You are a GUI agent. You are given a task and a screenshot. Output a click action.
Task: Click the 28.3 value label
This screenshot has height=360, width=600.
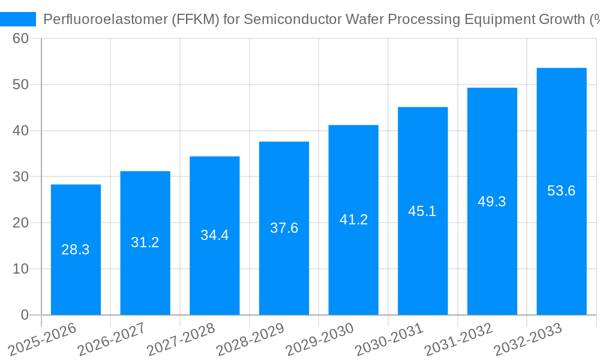point(76,250)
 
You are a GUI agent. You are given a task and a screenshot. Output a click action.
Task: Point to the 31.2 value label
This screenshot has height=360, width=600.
point(145,242)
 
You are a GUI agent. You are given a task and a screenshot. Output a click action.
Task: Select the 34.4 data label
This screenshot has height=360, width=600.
point(214,235)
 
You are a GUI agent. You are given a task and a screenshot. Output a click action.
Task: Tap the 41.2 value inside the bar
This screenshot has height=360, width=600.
point(353,220)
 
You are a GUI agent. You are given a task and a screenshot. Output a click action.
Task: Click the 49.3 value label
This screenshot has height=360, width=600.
point(492,202)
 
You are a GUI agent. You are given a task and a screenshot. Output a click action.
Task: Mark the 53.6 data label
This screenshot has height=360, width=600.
point(562,191)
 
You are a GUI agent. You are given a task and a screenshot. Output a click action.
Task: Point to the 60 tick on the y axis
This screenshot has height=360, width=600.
point(20,38)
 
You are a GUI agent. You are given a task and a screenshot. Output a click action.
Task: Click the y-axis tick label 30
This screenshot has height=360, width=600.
point(20,177)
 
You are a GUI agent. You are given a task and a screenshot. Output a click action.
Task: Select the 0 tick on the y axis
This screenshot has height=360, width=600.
point(25,315)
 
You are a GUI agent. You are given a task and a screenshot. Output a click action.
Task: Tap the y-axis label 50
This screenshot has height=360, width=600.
point(20,85)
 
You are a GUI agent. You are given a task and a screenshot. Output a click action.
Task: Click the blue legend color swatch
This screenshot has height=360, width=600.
point(18,19)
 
